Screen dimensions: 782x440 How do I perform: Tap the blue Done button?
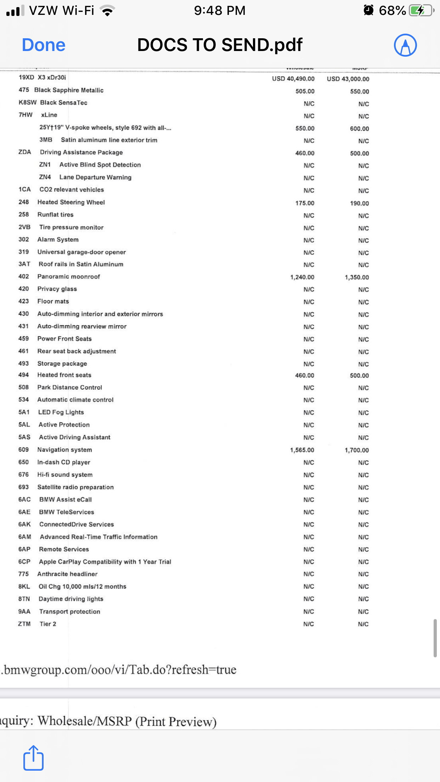click(44, 45)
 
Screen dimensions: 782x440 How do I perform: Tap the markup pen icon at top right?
click(405, 45)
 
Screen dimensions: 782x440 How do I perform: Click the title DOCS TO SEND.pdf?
click(220, 45)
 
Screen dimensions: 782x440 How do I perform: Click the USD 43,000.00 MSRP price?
click(348, 79)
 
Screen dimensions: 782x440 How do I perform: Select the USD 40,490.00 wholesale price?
click(293, 79)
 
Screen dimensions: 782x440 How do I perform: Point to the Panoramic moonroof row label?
click(69, 277)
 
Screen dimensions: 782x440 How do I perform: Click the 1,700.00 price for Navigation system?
click(356, 450)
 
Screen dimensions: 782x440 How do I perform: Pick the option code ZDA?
click(25, 152)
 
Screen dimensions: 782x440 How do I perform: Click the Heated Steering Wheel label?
click(71, 202)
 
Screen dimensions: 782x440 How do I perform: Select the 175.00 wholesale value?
click(305, 203)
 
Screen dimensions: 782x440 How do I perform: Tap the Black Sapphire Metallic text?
click(69, 90)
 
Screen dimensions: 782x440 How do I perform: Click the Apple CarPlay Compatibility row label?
click(105, 562)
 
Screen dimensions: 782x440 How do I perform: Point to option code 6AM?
click(25, 537)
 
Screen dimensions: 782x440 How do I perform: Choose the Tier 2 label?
click(48, 624)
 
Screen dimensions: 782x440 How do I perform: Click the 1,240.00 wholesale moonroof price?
click(302, 277)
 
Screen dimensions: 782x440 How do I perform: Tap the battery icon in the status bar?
click(421, 10)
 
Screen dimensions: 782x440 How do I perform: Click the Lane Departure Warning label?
click(95, 177)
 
